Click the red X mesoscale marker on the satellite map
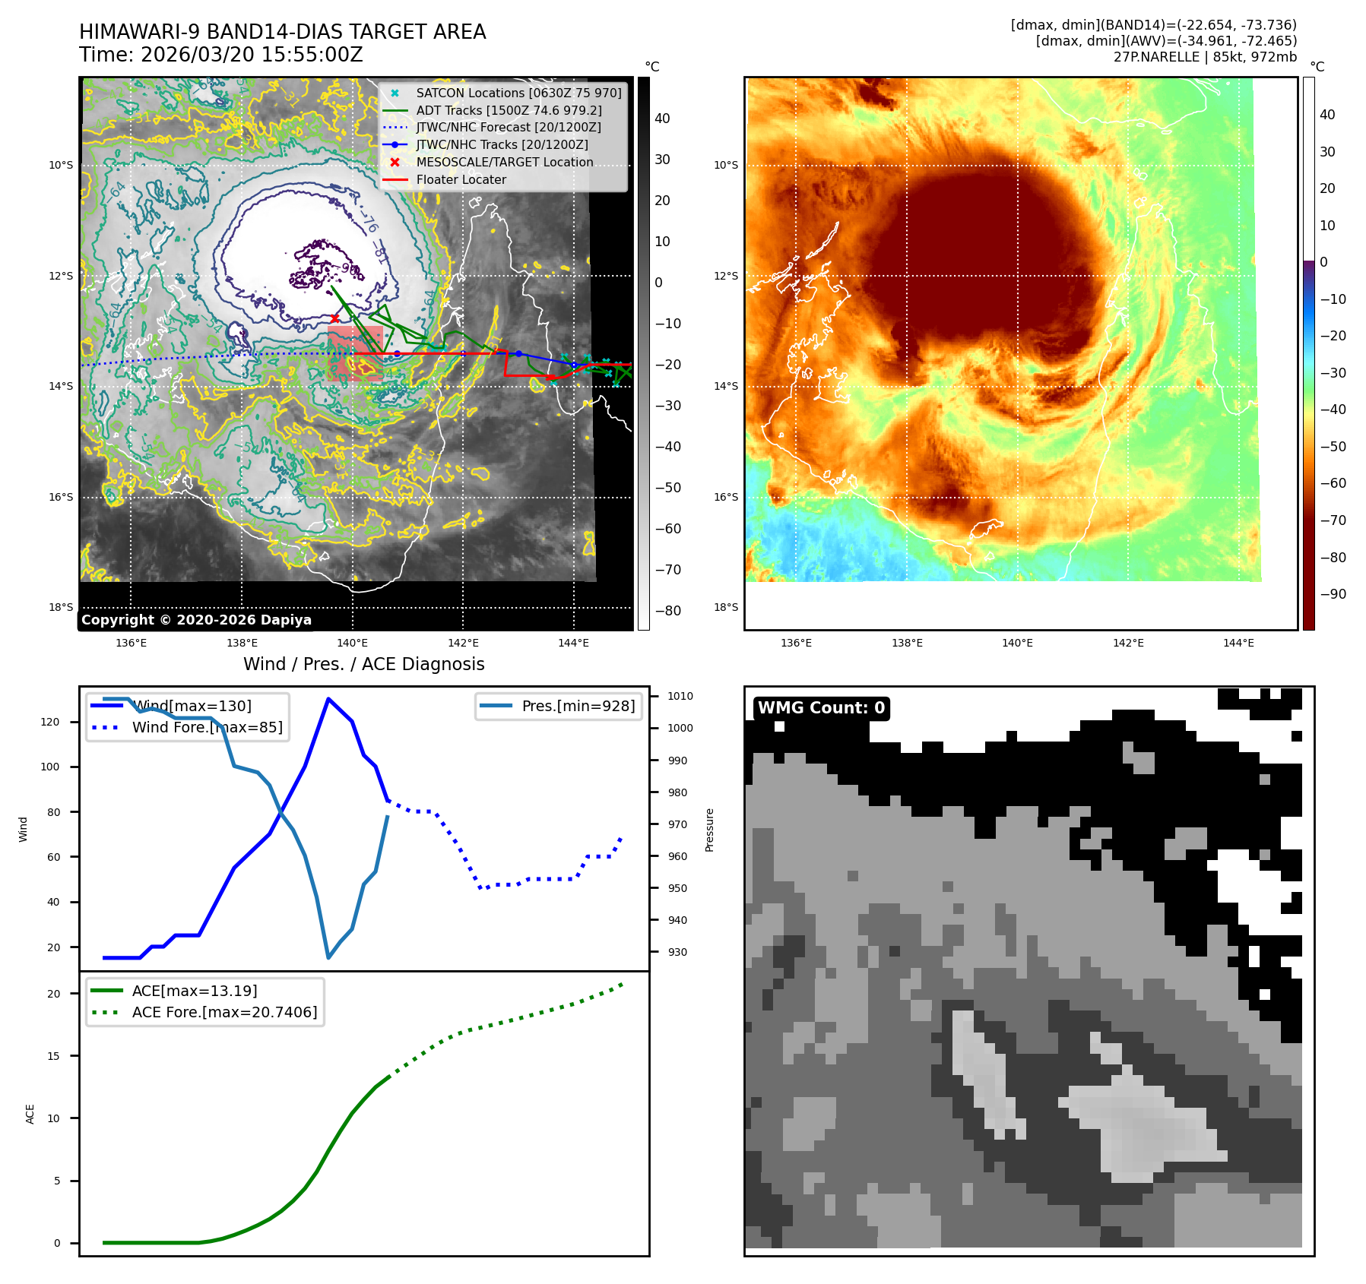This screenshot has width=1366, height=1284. [x=334, y=318]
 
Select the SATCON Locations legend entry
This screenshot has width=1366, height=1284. [x=518, y=93]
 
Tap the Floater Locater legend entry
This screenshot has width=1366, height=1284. [x=461, y=179]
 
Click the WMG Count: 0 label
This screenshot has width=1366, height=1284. [x=821, y=708]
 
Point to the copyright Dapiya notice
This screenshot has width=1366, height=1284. [x=196, y=620]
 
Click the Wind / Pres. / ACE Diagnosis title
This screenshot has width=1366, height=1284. [x=363, y=664]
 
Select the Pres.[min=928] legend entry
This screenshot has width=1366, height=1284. [x=578, y=706]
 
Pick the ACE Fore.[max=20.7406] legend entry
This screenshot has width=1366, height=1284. [x=224, y=1012]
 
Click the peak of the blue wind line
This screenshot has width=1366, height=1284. [x=328, y=699]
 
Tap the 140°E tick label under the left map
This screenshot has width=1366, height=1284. [x=353, y=643]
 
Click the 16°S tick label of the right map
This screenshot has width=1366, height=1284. [x=725, y=497]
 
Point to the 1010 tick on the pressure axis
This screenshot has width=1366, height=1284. [x=680, y=696]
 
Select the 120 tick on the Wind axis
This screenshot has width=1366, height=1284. [x=50, y=722]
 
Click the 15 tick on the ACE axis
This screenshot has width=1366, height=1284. [x=53, y=1056]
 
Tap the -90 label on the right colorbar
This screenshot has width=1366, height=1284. [x=1333, y=594]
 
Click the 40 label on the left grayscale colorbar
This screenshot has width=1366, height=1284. [x=662, y=119]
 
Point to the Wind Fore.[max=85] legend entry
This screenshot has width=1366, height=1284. [x=207, y=727]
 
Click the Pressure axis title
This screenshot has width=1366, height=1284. [x=709, y=830]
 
